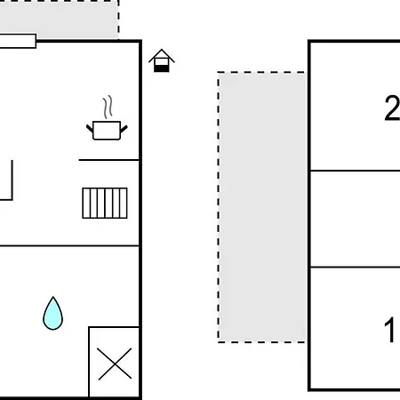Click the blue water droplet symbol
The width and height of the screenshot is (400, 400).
click(x=52, y=314)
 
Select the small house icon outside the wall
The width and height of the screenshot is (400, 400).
click(x=162, y=60)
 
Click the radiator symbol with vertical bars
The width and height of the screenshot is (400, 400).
click(x=105, y=203)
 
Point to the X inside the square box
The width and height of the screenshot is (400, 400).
click(x=115, y=364)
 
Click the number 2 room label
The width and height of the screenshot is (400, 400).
click(x=392, y=108)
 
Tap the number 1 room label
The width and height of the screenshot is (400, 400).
click(x=389, y=330)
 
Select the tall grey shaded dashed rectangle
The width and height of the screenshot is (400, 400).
click(x=261, y=207)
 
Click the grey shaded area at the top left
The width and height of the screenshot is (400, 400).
click(x=59, y=20)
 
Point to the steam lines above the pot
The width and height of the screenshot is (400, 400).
click(x=108, y=107)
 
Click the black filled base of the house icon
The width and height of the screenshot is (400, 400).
click(x=162, y=68)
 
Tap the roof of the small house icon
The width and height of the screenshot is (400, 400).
click(x=162, y=55)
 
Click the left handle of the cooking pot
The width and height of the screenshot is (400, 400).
click(x=90, y=129)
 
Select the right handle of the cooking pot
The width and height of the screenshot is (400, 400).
click(x=124, y=129)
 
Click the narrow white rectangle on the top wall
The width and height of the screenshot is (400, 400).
click(x=18, y=41)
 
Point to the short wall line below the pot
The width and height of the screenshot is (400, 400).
click(x=108, y=160)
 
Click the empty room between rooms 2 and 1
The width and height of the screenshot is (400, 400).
click(x=355, y=219)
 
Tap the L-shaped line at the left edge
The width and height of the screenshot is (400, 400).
click(x=12, y=180)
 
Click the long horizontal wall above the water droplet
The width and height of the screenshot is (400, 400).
click(x=69, y=245)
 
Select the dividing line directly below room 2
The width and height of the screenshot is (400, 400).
click(x=355, y=171)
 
